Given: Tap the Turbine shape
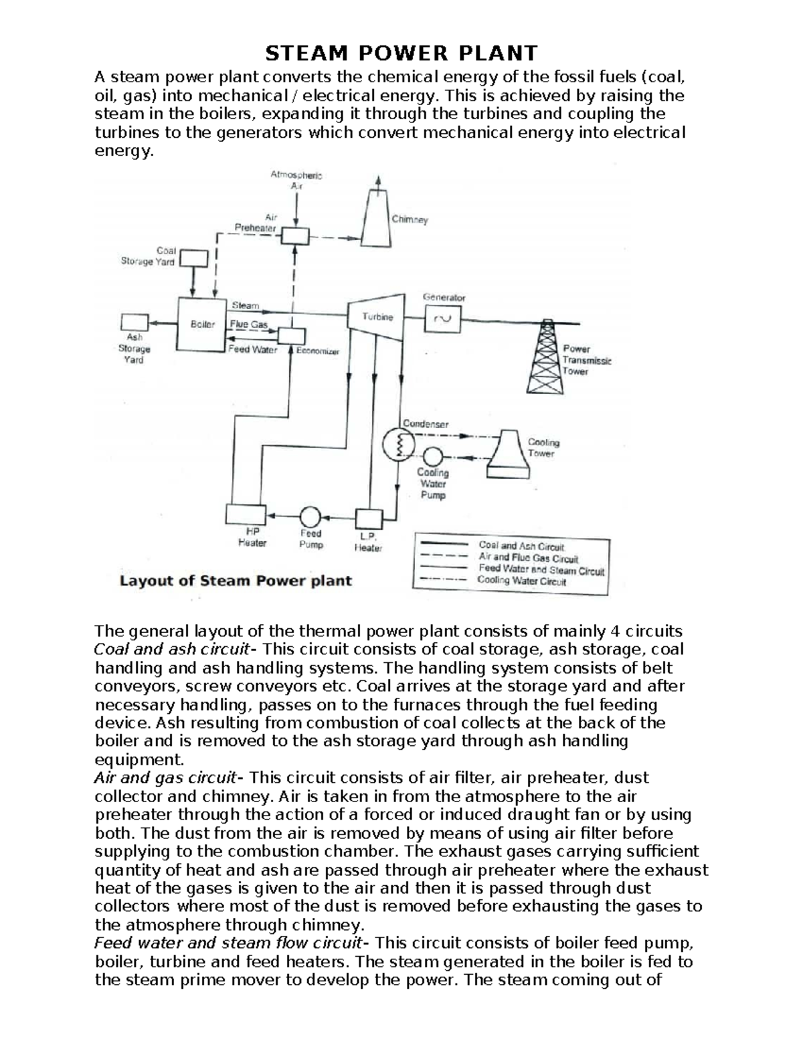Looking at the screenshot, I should pos(377,317).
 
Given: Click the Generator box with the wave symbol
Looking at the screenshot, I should pos(444,319).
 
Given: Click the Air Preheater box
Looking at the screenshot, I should pos(294,235).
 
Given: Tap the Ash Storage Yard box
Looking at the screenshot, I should pos(135,322).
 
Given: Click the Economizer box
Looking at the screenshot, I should pos(291,336).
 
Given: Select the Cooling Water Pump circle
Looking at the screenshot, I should pos(432,456).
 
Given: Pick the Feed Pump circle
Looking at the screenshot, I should pos(310,516).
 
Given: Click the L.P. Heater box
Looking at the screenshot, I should pos(368,519).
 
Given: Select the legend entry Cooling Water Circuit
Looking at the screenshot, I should pos(521,581).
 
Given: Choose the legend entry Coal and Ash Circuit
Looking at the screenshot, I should pos(521,546).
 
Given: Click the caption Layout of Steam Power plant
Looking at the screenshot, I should pos(236,581).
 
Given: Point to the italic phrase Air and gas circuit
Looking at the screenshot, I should pos(165,778).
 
